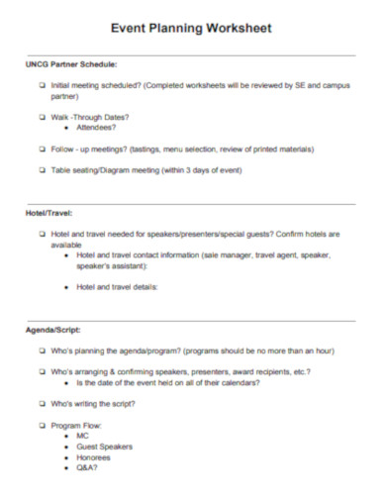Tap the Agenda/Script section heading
pyautogui.click(x=53, y=329)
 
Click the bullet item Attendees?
pyautogui.click(x=95, y=128)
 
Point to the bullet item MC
pyautogui.click(x=82, y=436)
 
